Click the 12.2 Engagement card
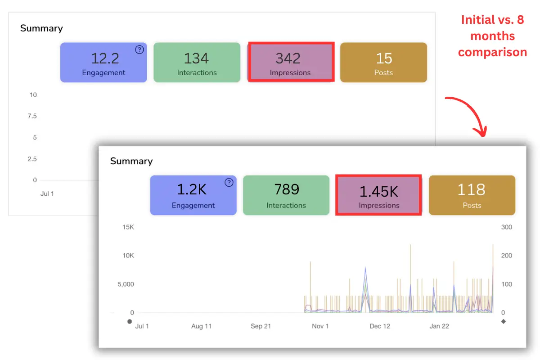click(x=103, y=63)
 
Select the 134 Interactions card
click(x=197, y=63)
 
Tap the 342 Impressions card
click(x=290, y=63)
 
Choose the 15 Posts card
click(x=383, y=63)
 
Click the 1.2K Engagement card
click(x=193, y=195)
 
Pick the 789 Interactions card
click(x=286, y=195)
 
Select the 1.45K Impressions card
click(x=379, y=195)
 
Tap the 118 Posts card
click(x=472, y=195)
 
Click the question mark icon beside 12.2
click(x=140, y=49)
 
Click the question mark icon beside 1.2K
click(x=229, y=182)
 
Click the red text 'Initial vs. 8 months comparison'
click(x=492, y=36)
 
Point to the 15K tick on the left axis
click(x=128, y=227)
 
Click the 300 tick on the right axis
click(x=506, y=227)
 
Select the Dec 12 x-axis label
click(x=380, y=326)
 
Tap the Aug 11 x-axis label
click(x=201, y=326)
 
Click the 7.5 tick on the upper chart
click(x=32, y=116)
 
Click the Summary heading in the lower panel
click(x=131, y=161)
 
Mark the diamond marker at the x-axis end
click(x=503, y=321)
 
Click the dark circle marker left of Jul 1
click(x=130, y=321)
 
